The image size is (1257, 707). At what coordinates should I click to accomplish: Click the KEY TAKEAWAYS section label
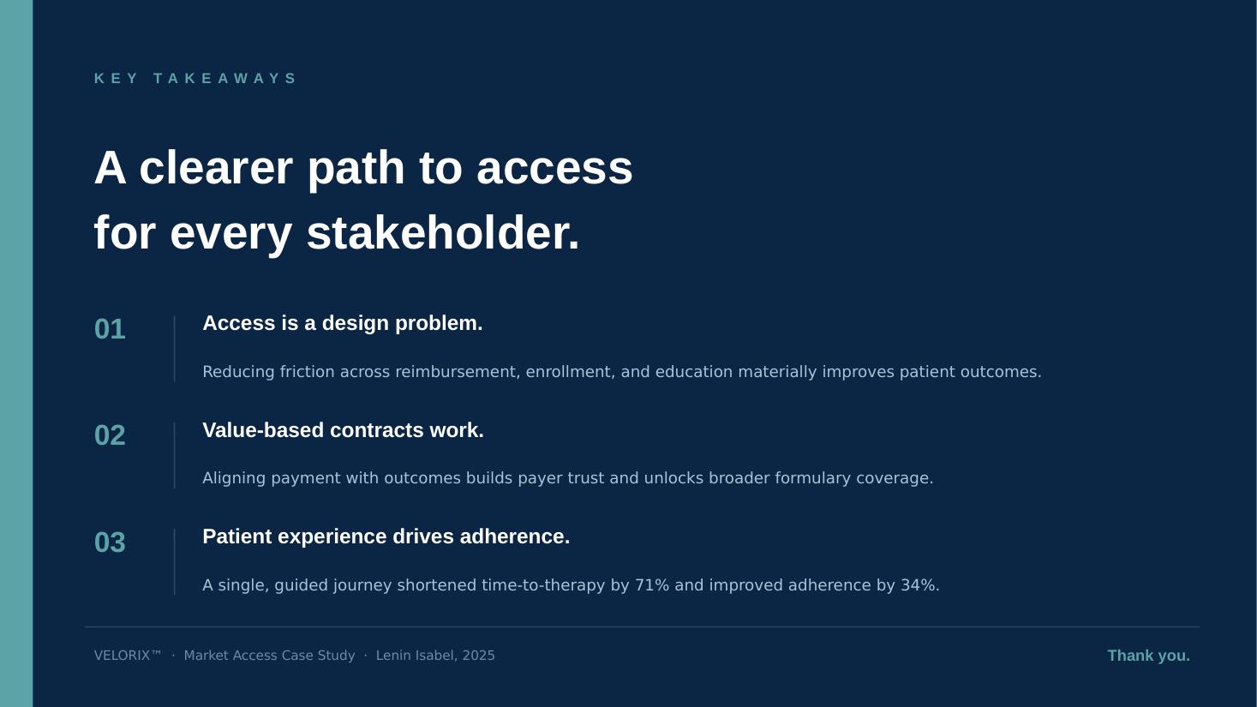point(195,79)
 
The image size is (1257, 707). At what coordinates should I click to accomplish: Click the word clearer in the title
point(216,168)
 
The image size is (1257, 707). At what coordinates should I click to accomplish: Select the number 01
point(110,329)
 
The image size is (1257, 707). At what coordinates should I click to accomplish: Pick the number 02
point(110,435)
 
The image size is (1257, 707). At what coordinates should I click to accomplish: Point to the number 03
point(110,542)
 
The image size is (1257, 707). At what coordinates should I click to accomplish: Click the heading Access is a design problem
point(343,323)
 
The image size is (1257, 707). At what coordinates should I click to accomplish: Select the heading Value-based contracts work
point(343,430)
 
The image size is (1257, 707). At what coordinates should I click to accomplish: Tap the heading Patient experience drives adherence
point(386,536)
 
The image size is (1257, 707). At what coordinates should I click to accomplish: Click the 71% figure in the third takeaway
point(652,585)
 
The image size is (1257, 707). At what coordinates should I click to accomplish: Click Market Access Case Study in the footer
point(269,656)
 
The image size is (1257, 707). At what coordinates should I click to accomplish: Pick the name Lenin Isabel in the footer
point(415,656)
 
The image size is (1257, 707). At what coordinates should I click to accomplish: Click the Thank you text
point(1148,656)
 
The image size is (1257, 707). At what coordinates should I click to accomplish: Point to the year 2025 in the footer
point(479,656)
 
